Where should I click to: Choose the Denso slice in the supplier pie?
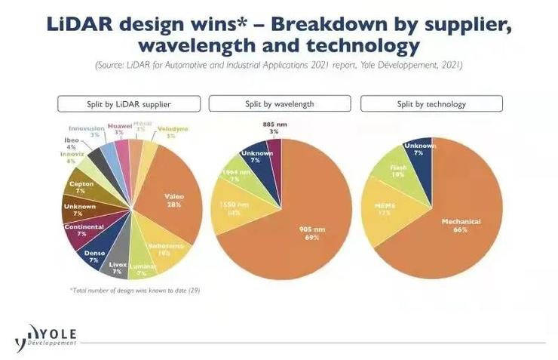pyautogui.click(x=94, y=255)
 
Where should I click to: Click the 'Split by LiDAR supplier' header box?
pyautogui.click(x=129, y=103)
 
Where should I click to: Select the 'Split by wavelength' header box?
pyautogui.click(x=279, y=103)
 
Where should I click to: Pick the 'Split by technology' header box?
pyautogui.click(x=431, y=103)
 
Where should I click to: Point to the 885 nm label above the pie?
pyautogui.click(x=273, y=127)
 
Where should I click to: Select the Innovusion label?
pyautogui.click(x=84, y=129)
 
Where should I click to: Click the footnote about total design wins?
pyautogui.click(x=134, y=290)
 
